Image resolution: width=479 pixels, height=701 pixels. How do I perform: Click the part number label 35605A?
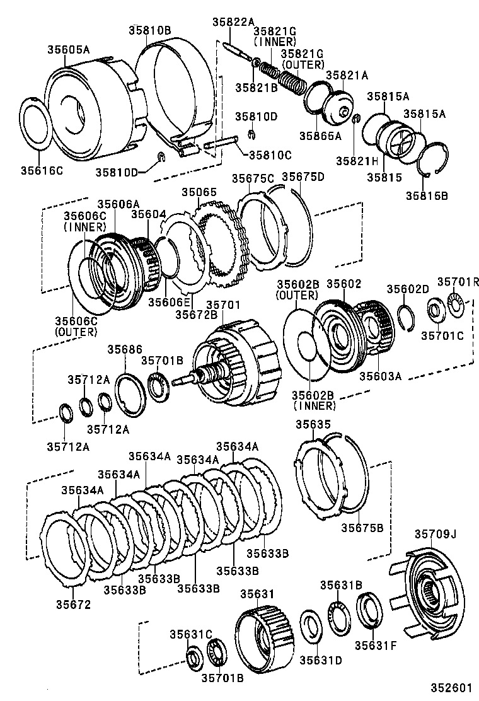[x=68, y=49]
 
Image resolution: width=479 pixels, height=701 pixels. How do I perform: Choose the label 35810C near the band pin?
[x=270, y=154]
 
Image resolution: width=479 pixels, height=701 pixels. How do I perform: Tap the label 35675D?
[x=303, y=177]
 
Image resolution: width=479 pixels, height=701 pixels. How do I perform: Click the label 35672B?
[x=196, y=313]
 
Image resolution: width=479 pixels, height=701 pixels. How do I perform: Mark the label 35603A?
[x=381, y=376]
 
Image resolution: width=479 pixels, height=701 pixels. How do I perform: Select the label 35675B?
[x=362, y=528]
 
